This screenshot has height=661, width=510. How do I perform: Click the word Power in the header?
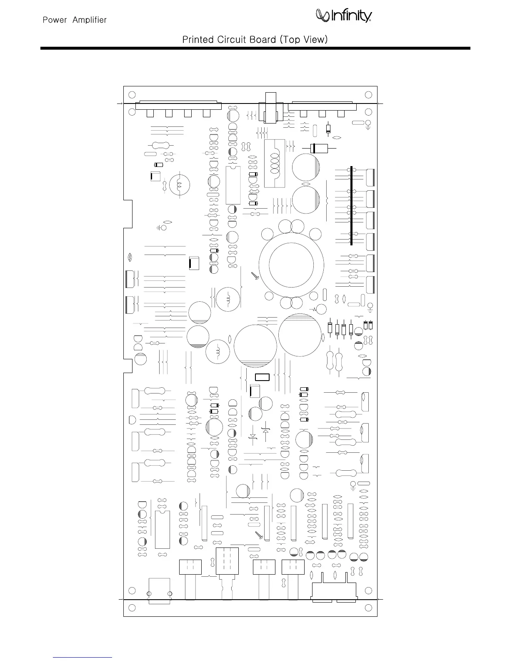(x=55, y=20)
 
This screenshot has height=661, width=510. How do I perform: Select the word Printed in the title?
(x=197, y=40)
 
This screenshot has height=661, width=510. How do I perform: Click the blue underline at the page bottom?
(x=83, y=657)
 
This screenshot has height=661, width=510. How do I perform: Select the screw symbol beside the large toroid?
(x=255, y=275)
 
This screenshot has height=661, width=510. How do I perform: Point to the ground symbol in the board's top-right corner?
(x=368, y=124)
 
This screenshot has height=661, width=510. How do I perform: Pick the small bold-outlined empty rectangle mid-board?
(x=262, y=377)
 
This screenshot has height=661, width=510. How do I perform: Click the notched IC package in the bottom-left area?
(x=162, y=529)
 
